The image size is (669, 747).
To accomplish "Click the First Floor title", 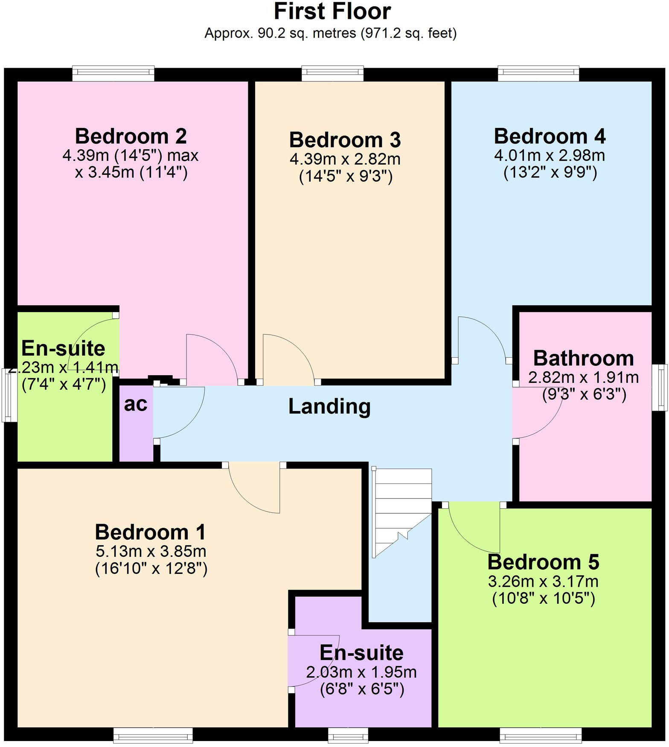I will click(332, 12).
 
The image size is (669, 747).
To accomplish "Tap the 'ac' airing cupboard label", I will click(136, 404).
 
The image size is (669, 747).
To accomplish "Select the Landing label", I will click(329, 406).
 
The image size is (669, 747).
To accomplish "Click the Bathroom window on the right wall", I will click(661, 387).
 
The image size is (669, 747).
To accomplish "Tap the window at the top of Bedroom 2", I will click(113, 73).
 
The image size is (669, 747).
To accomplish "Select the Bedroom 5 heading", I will click(543, 562).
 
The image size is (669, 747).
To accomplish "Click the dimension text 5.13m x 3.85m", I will click(151, 551).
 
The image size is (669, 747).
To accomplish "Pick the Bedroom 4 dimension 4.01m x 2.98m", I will click(550, 155).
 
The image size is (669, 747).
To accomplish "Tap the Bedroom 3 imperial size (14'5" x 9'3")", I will click(346, 177).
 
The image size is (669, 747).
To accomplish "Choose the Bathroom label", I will click(583, 358).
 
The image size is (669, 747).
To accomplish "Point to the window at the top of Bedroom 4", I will click(538, 73).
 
